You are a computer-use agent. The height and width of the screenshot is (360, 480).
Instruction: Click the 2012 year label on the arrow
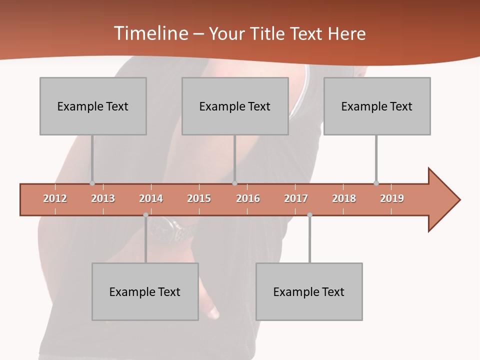pyautogui.click(x=55, y=198)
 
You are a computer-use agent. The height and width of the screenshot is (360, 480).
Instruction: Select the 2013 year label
pyautogui.click(x=103, y=198)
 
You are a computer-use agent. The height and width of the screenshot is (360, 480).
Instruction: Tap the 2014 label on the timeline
pyautogui.click(x=151, y=198)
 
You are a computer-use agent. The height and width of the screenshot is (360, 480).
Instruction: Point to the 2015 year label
pyautogui.click(x=199, y=198)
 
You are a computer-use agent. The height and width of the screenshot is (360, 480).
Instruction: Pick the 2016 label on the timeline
pyautogui.click(x=248, y=198)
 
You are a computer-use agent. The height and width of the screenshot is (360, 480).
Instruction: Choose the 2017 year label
pyautogui.click(x=296, y=198)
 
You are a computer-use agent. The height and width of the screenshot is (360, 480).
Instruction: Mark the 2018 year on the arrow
pyautogui.click(x=344, y=198)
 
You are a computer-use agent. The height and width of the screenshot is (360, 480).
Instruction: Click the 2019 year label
pyautogui.click(x=392, y=198)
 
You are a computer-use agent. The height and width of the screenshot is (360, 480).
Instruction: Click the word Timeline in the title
pyautogui.click(x=150, y=33)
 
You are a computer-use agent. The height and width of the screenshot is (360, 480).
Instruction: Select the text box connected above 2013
pyautogui.click(x=93, y=106)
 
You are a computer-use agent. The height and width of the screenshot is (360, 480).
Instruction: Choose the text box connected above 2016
pyautogui.click(x=235, y=106)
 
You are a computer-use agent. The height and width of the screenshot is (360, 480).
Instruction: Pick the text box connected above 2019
pyautogui.click(x=377, y=106)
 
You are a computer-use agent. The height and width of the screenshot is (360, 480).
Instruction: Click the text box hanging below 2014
pyautogui.click(x=145, y=291)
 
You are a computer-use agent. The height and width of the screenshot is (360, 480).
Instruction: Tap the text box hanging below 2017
pyautogui.click(x=309, y=291)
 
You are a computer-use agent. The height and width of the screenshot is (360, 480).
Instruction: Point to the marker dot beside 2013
pyautogui.click(x=92, y=183)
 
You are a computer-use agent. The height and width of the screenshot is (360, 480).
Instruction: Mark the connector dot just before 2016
pyautogui.click(x=235, y=183)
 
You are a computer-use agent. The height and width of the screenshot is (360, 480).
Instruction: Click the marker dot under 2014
pyautogui.click(x=145, y=215)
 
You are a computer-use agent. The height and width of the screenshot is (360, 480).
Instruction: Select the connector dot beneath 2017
pyautogui.click(x=309, y=215)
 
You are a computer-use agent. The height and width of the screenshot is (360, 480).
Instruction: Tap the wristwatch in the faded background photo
pyautogui.click(x=170, y=230)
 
